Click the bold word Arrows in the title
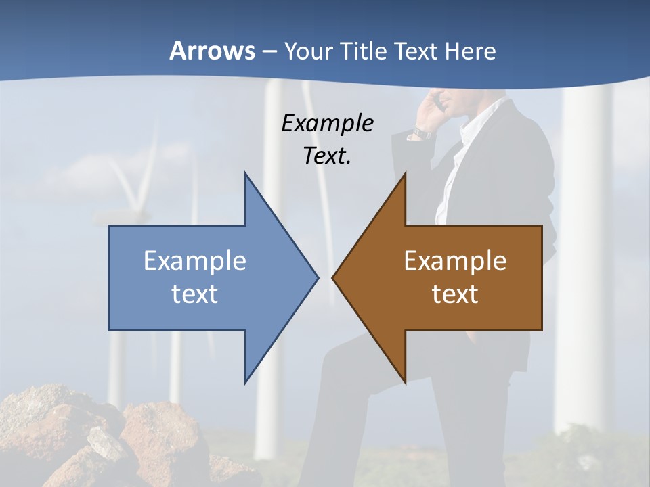212,51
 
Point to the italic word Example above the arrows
328,124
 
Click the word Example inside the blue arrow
195,260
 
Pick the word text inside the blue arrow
195,294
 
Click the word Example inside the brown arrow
455,260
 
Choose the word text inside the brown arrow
455,294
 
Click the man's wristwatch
422,133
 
